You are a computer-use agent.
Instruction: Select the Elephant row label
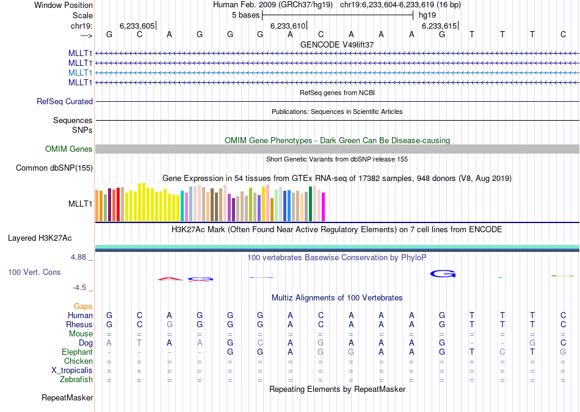coord(77,352)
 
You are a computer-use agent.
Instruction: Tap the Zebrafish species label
coord(77,380)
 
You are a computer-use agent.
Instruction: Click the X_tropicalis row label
coord(72,371)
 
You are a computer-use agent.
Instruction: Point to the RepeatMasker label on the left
coord(67,398)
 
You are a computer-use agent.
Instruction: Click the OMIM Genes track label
coord(69,149)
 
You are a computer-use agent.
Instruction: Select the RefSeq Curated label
coord(65,102)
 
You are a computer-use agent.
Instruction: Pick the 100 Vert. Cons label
coord(34,272)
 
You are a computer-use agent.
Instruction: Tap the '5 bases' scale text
coord(245,15)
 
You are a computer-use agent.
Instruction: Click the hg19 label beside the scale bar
coord(427,15)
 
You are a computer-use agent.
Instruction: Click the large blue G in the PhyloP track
coord(443,274)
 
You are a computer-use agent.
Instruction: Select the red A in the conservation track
coord(170,279)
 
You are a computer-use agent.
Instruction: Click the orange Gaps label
coord(83,306)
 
